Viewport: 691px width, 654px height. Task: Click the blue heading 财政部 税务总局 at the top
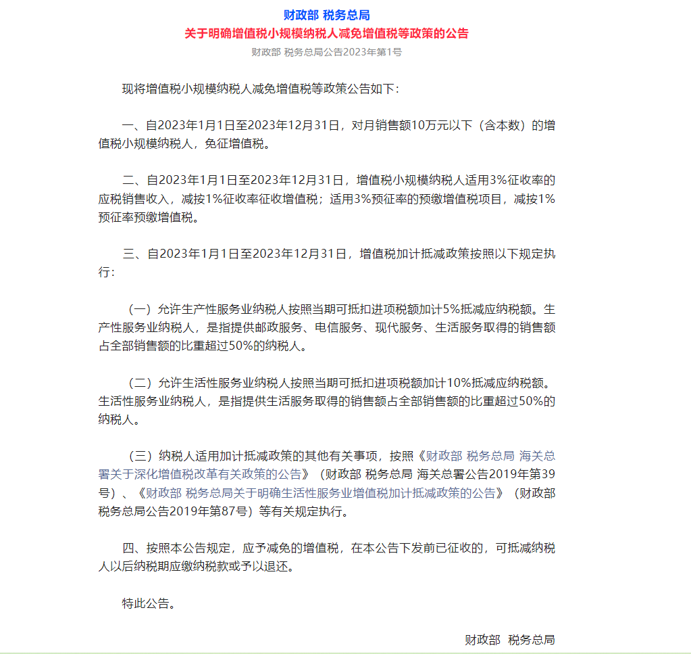coord(326,15)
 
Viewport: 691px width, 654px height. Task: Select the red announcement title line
coord(326,33)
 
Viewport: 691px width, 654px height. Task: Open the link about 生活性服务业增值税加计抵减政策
coord(321,493)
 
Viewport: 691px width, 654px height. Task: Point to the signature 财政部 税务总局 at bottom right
coord(509,640)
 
